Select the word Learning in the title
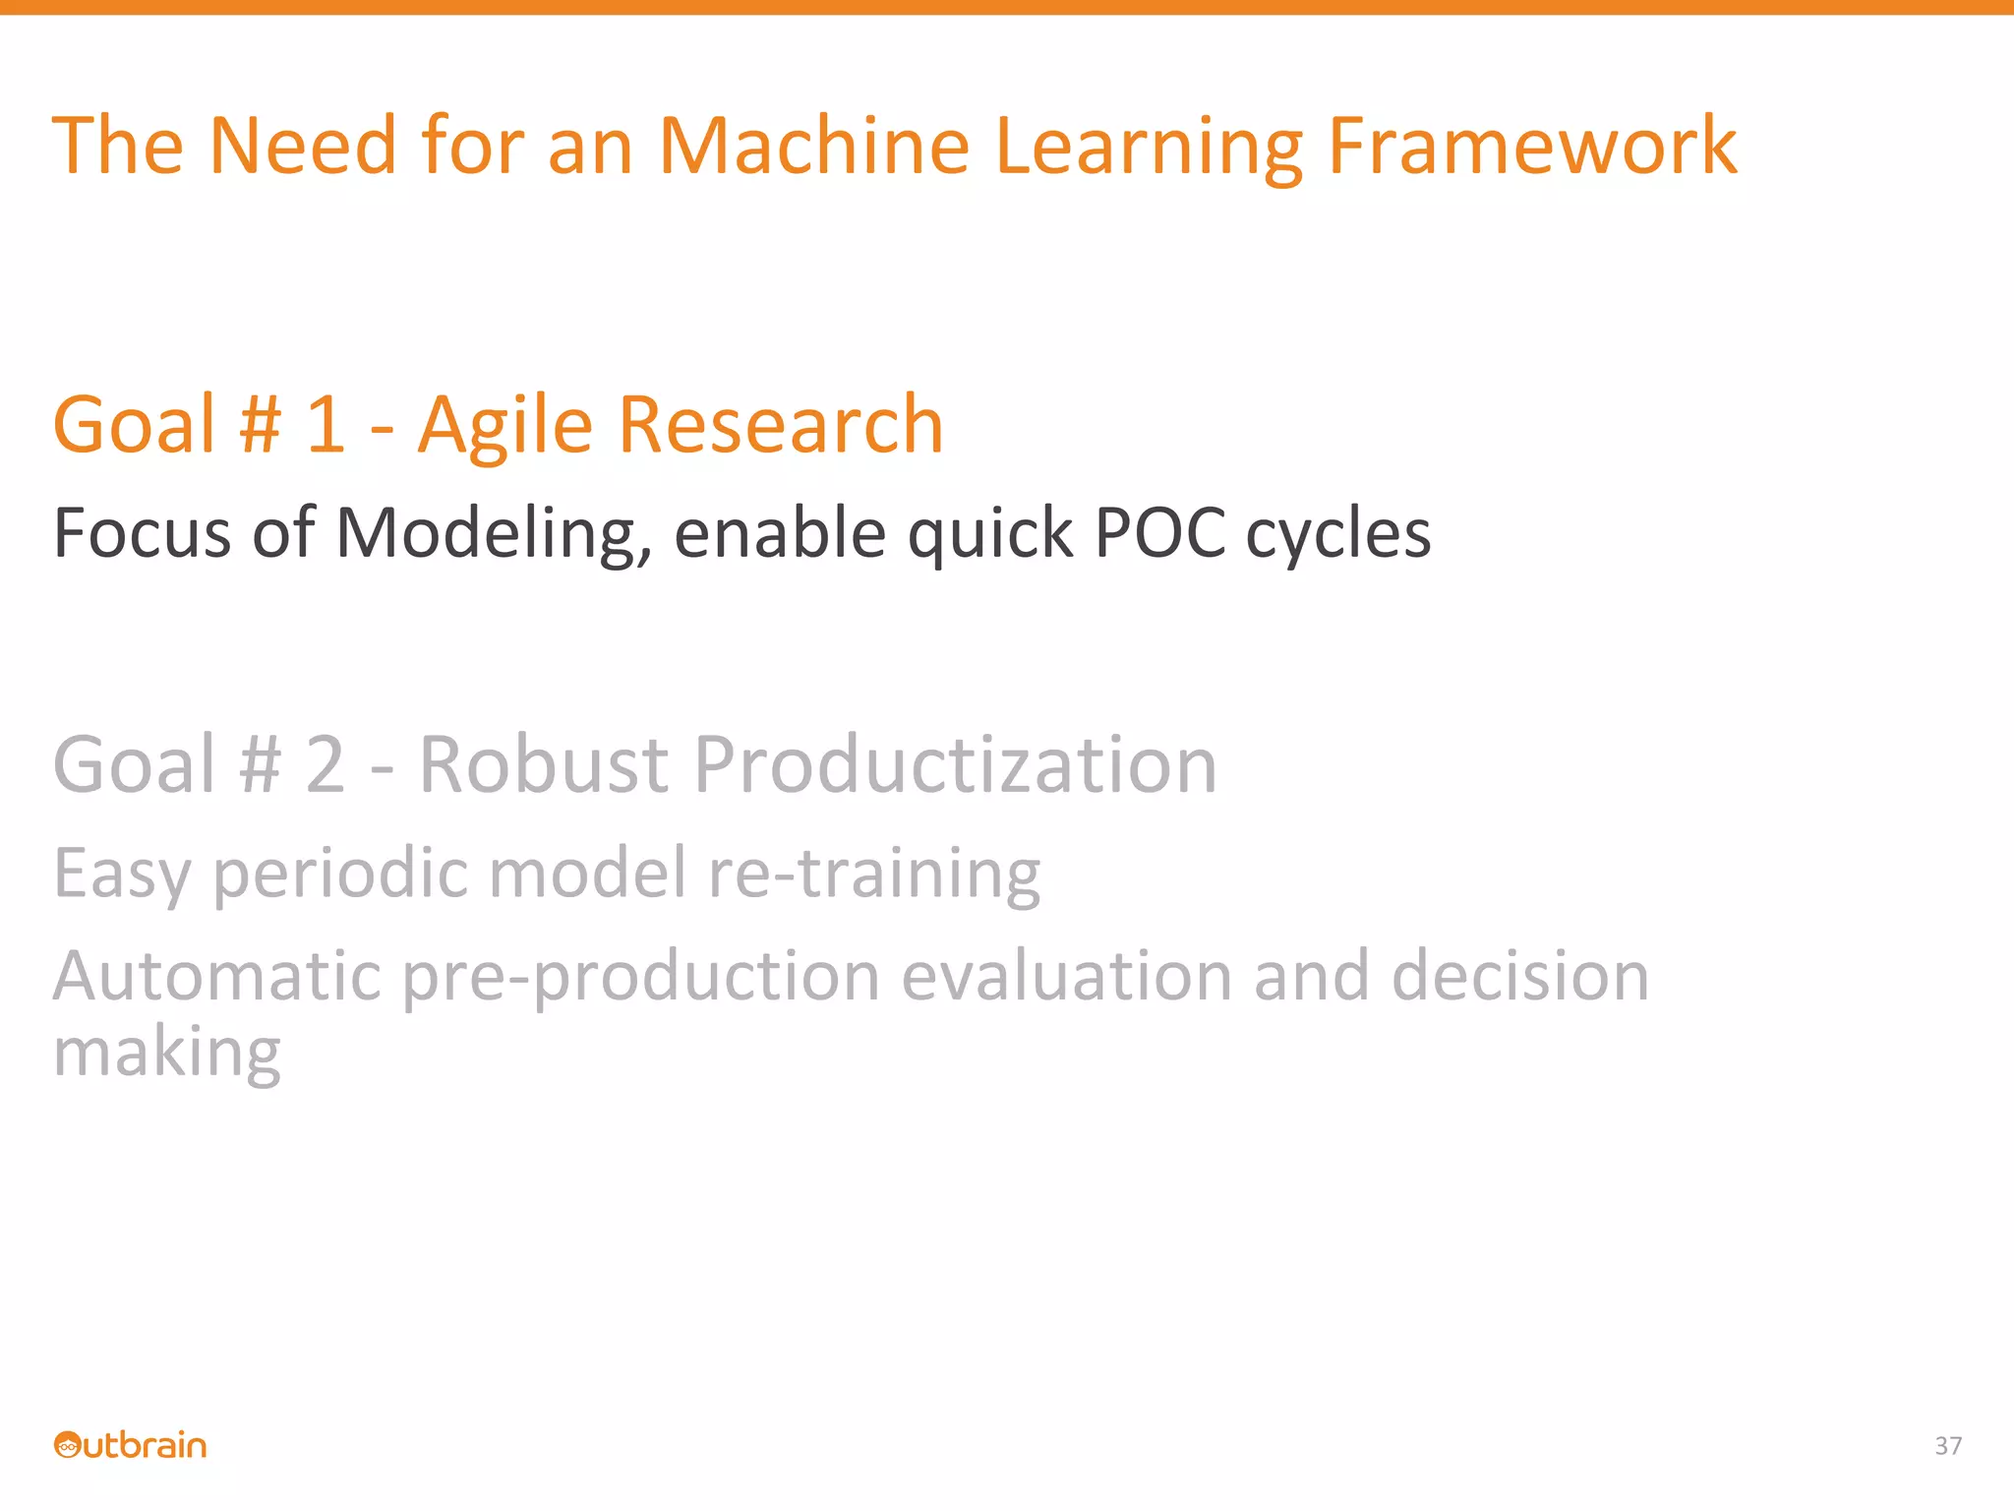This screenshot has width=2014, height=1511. [1149, 148]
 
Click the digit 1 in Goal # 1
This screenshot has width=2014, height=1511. [326, 425]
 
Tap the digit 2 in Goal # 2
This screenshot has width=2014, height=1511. [326, 764]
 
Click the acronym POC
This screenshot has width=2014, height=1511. [1159, 534]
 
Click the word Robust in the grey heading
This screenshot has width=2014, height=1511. [544, 764]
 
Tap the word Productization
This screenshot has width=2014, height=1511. [955, 764]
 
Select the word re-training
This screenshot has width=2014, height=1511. [873, 874]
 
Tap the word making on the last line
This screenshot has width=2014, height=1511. [167, 1053]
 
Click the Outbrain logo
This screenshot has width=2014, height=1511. [130, 1445]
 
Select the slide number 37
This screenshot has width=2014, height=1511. [1948, 1446]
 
